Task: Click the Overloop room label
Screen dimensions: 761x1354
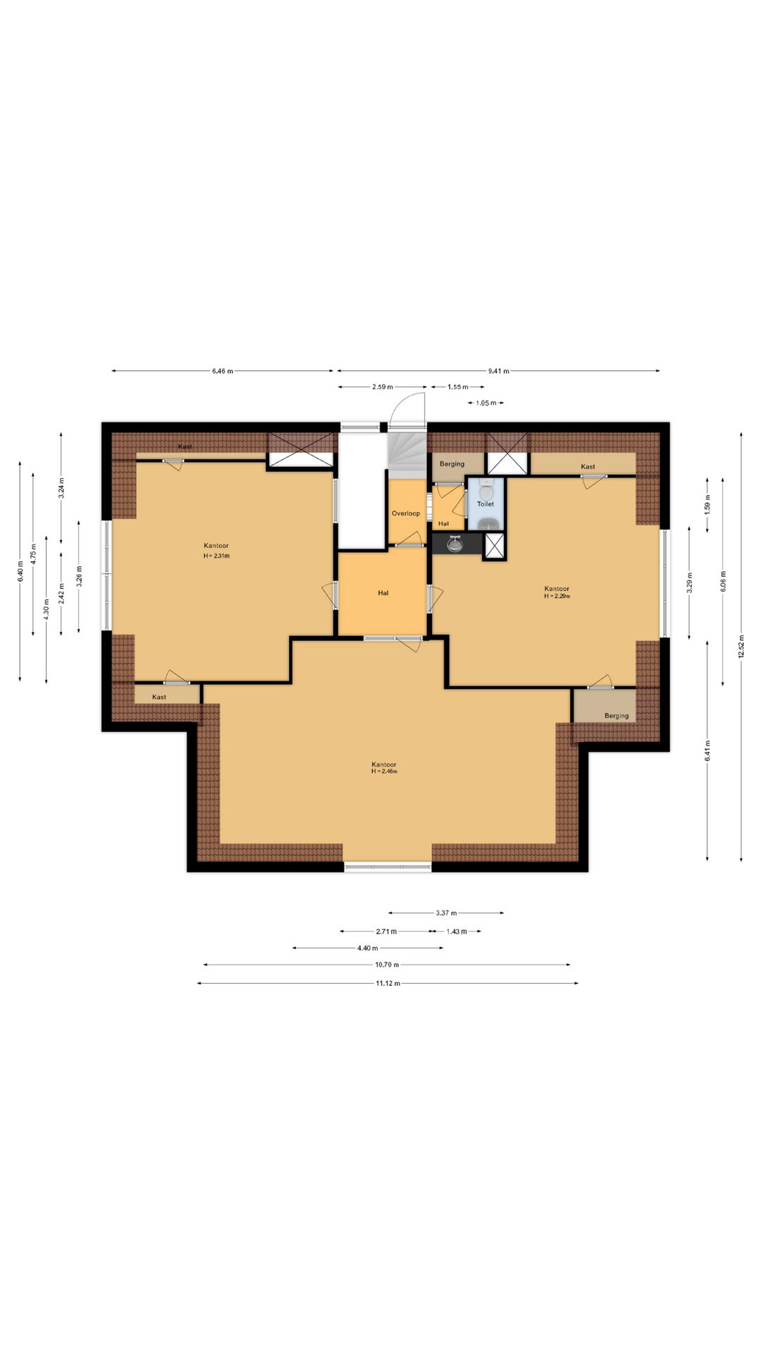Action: (406, 513)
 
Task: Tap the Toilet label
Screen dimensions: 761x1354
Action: (485, 504)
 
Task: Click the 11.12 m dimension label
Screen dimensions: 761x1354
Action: (388, 983)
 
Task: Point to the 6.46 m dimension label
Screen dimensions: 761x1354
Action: (223, 371)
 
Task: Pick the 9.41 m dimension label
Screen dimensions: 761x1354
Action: (498, 371)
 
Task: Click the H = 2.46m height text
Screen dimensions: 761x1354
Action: (385, 771)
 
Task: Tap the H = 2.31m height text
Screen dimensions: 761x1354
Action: (216, 556)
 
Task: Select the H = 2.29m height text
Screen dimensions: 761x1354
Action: (557, 596)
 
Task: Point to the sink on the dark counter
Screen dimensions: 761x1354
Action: (454, 544)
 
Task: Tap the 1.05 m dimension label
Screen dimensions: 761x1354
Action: (485, 403)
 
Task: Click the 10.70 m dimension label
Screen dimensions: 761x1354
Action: (387, 965)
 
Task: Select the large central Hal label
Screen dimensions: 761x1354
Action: (383, 593)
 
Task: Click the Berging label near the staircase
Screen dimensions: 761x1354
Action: (452, 464)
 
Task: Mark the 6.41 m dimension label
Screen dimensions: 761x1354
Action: (707, 750)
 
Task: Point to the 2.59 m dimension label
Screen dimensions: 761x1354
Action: (383, 387)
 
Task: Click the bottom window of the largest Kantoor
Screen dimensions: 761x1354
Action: (388, 867)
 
